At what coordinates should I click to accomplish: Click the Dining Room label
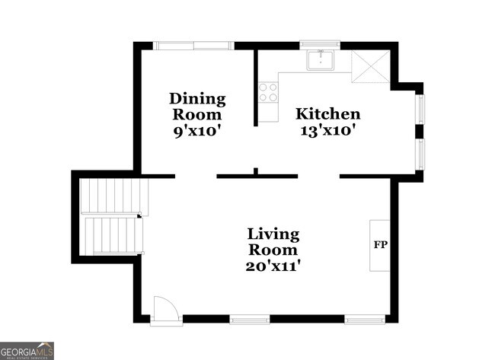[x=197, y=106]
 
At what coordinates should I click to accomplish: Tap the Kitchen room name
[x=328, y=114]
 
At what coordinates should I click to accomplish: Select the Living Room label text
[x=273, y=241]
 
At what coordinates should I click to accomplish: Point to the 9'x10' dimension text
[x=197, y=130]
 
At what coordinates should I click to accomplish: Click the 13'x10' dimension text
[x=328, y=130]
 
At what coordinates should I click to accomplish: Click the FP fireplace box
[x=380, y=245]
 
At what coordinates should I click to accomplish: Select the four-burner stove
[x=267, y=93]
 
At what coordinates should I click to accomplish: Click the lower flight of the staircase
[x=113, y=234]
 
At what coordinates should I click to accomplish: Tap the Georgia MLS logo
[x=27, y=351]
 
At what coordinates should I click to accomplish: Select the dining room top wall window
[x=193, y=46]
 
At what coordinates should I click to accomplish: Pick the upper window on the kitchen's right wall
[x=419, y=107]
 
